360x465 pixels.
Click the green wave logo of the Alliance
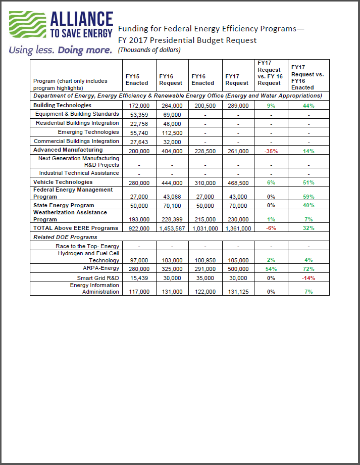click(27, 25)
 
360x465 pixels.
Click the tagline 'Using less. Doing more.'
click(60, 50)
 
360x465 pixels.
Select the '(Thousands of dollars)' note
click(149, 50)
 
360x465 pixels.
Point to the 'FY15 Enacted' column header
click(136, 79)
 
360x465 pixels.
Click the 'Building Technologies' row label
click(62, 105)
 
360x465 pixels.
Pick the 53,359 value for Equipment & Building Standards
click(137, 115)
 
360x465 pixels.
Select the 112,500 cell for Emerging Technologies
click(171, 133)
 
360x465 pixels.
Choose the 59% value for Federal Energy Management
click(308, 197)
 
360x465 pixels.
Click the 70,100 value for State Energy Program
click(171, 206)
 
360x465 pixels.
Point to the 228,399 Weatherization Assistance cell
click(171, 220)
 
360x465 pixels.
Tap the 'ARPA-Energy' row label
click(103, 269)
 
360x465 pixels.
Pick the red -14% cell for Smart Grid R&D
click(308, 278)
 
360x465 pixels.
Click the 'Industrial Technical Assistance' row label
click(79, 173)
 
